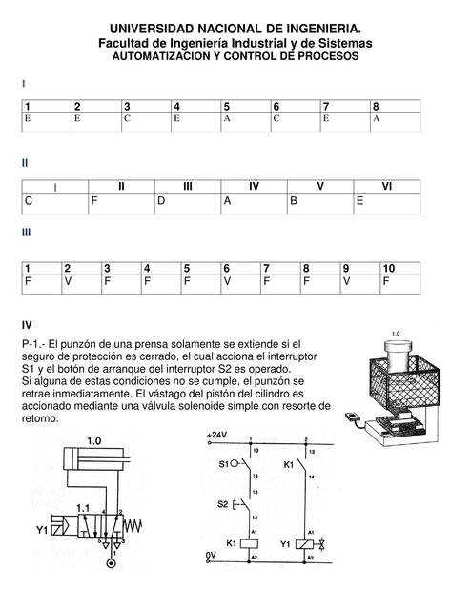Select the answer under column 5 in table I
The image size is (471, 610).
227,120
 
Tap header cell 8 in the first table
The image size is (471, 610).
377,106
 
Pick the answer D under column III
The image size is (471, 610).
161,201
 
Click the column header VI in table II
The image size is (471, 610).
386,187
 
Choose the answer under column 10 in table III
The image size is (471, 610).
386,282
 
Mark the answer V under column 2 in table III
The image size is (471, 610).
68,282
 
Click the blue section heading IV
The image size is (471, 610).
28,325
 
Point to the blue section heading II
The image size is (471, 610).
26,163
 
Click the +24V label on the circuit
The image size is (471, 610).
216,435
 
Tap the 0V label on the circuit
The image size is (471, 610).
212,553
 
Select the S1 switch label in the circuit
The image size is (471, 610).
224,465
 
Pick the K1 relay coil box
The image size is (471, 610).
251,542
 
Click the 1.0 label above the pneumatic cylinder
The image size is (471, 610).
94,441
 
